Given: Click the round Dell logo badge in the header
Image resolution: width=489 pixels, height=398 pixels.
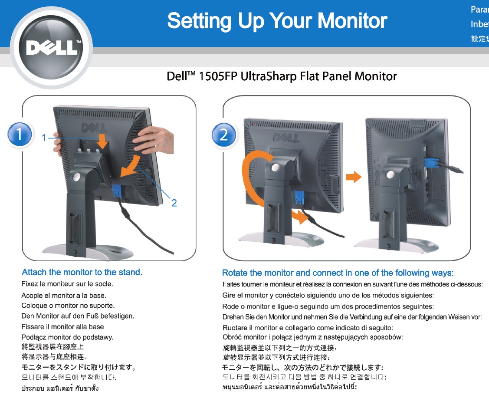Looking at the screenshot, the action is (x=52, y=48).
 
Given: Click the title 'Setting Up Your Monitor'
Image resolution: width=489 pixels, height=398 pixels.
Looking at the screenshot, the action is (x=277, y=21).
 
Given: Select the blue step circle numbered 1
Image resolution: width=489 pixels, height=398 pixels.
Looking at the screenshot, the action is (x=20, y=135).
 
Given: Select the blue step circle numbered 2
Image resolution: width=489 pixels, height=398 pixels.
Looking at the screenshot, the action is (x=223, y=135).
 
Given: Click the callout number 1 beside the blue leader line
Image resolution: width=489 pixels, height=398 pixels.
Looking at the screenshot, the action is (x=44, y=138).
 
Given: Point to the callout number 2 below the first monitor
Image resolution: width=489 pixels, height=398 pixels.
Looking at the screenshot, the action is (x=174, y=203).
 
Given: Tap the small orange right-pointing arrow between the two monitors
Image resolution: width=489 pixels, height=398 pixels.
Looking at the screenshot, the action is (x=353, y=177).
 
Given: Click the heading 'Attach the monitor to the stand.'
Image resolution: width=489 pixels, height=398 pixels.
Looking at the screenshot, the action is (x=82, y=272).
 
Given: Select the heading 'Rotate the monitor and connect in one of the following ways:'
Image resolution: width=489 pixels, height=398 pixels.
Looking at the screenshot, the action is (x=338, y=273).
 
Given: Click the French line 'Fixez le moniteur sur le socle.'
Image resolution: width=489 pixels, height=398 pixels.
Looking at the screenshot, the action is (x=67, y=284).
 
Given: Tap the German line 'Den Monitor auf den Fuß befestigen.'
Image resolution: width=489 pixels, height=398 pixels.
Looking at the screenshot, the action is (x=78, y=316).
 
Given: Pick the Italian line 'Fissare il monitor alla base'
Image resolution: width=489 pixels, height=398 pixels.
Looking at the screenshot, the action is (x=62, y=326).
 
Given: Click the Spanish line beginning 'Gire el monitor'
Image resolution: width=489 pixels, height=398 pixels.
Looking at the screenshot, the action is (x=328, y=295).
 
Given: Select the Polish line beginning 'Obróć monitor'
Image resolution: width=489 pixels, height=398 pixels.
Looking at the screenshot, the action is (x=313, y=337).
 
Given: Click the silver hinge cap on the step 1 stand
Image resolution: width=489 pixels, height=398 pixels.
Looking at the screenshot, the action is (x=77, y=178).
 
